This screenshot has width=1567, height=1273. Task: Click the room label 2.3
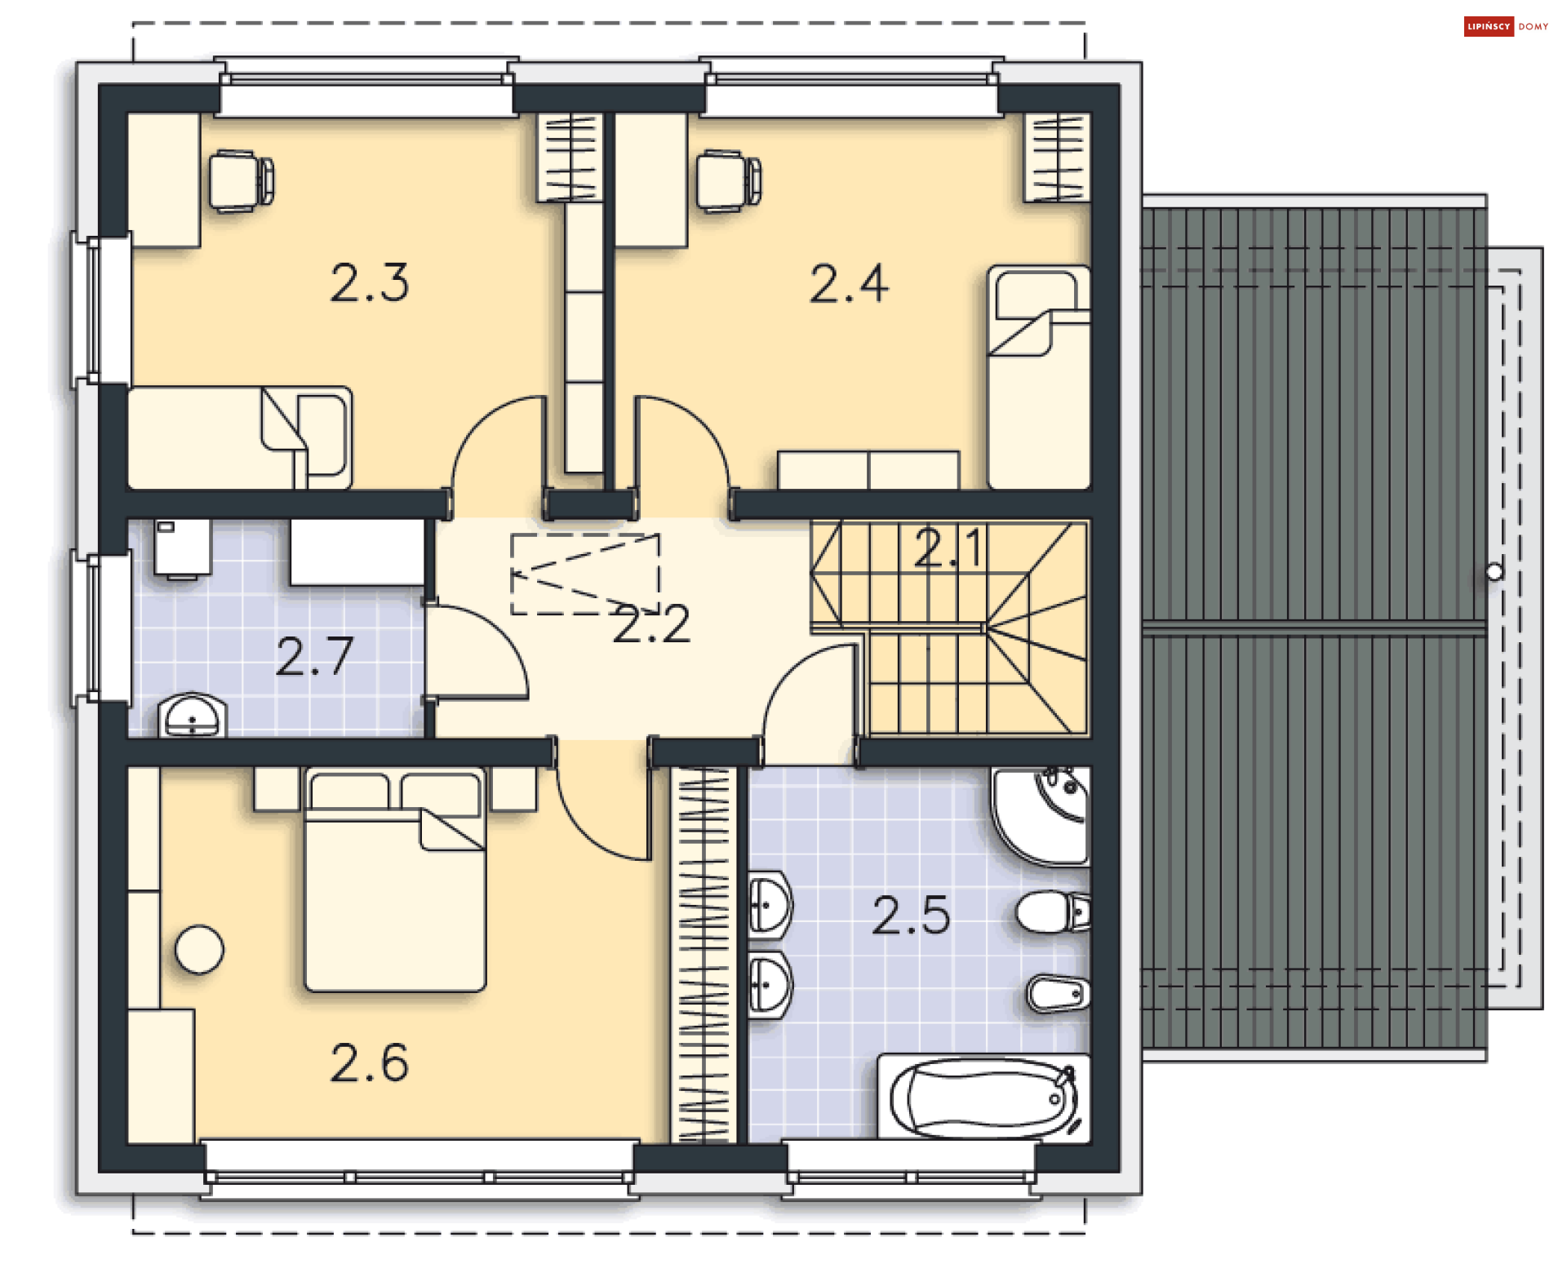click(x=369, y=283)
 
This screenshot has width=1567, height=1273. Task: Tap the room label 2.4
click(x=849, y=284)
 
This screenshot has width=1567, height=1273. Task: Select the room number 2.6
click(x=369, y=1062)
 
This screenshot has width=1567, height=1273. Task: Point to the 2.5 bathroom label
click(x=911, y=915)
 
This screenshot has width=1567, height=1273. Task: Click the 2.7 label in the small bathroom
click(x=314, y=656)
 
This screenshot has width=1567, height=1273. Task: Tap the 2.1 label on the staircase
click(x=948, y=547)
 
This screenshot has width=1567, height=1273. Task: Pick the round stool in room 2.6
click(x=199, y=950)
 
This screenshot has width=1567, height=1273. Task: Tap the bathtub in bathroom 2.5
click(x=983, y=1097)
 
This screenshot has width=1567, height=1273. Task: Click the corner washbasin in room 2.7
click(x=193, y=716)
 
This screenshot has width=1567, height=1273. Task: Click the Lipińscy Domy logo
click(x=1507, y=27)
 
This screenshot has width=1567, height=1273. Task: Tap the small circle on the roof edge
click(x=1494, y=572)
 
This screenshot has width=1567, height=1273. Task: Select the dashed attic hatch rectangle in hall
click(x=584, y=574)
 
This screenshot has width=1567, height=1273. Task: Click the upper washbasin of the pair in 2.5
click(x=769, y=905)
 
